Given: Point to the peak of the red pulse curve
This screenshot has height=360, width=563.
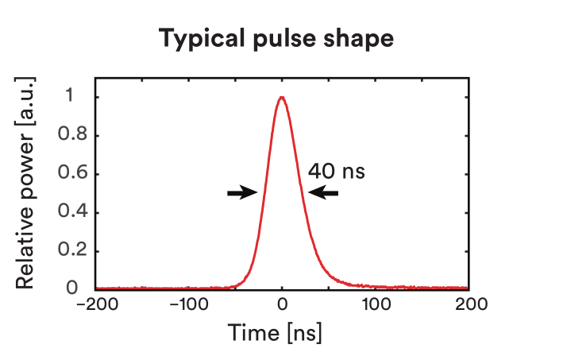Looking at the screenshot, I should click(x=282, y=98).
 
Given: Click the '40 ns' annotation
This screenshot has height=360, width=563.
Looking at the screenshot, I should click(x=336, y=170).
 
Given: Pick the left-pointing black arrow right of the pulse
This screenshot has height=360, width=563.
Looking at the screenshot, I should click(x=323, y=192).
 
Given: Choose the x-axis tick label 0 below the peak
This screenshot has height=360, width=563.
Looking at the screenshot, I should click(x=282, y=304).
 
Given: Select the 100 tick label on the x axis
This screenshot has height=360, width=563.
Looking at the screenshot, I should click(x=376, y=304).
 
